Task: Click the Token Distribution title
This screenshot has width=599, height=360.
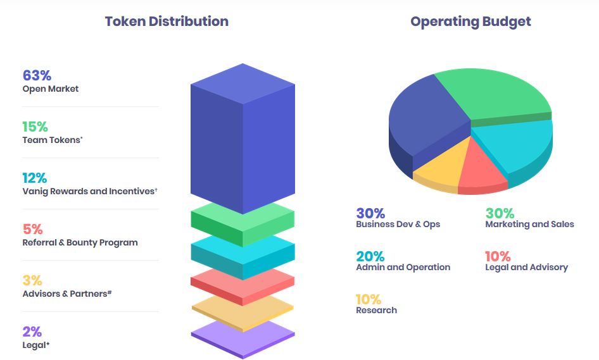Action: coord(167,22)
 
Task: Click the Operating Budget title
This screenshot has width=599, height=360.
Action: coord(470,22)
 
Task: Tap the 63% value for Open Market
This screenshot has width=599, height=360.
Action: coord(37,75)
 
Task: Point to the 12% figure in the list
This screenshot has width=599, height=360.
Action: coord(35,178)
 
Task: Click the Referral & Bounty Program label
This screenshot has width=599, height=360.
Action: coord(80,242)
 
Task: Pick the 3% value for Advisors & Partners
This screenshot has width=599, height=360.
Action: coord(32,280)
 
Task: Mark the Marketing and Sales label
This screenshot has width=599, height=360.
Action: coord(529,224)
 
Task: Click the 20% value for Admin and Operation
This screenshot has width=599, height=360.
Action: coord(370,256)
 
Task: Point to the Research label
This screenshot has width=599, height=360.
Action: coord(376,310)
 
